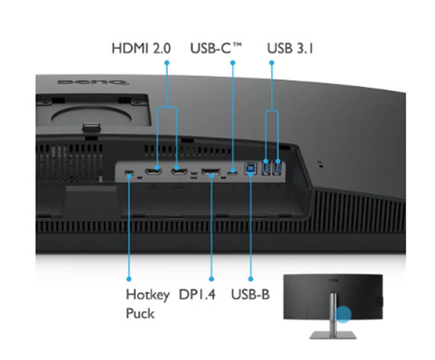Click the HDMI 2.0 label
[x=141, y=48]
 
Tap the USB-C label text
[x=216, y=48]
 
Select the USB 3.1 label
[x=290, y=48]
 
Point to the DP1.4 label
[x=197, y=294]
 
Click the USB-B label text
[x=250, y=294]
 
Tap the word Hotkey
[x=147, y=294]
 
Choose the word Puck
[x=140, y=313]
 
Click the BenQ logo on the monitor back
[x=93, y=82]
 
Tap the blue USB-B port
[x=250, y=169]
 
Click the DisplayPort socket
[x=211, y=172]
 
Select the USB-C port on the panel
[x=233, y=172]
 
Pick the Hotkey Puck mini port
[x=129, y=173]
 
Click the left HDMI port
[x=153, y=172]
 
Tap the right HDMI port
[x=179, y=172]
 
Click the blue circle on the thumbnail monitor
[x=343, y=314]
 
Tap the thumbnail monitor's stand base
[x=333, y=335]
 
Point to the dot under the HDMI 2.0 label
[x=166, y=63]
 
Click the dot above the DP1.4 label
[x=211, y=278]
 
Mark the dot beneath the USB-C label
[x=233, y=63]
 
